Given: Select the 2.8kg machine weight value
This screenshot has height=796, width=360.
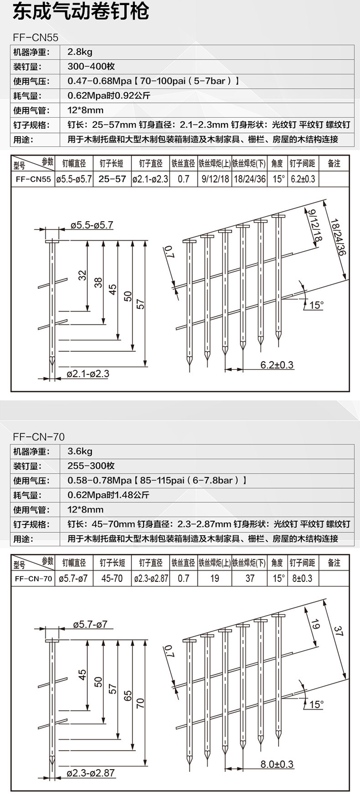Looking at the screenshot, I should pos(80,52).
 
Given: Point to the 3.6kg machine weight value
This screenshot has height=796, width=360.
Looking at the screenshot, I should pos(80,451).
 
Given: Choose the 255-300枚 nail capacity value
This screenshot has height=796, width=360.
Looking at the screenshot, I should pos(91,466).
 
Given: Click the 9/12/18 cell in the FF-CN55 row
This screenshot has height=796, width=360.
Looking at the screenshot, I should pos(215,179).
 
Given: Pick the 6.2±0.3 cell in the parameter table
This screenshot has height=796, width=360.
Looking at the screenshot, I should pos(302,179).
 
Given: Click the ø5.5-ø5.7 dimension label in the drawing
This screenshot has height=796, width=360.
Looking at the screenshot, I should pos(92,225).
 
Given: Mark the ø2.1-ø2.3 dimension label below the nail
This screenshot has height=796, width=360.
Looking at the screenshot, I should pos(88,374).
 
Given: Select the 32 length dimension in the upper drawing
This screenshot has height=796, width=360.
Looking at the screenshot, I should pos(83,275).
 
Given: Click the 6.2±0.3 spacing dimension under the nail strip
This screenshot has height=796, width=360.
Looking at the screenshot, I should pos(276,365).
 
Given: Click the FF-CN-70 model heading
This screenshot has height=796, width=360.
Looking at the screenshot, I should pos(39,436).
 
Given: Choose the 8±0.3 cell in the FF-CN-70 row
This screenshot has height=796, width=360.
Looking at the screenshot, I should pos(302,578).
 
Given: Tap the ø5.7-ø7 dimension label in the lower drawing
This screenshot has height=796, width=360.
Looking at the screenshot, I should pos(90,624).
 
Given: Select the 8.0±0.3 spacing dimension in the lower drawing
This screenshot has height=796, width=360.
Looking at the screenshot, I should pos(276,764).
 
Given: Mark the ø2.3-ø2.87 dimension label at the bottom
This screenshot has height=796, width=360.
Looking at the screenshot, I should pos(91,773).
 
